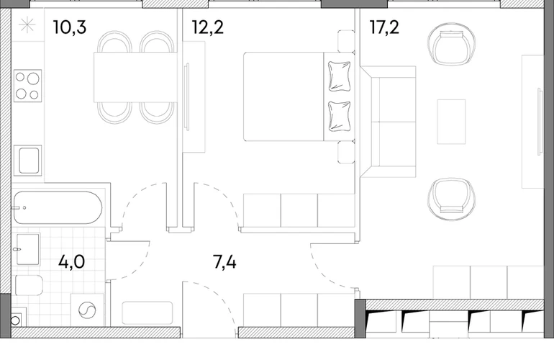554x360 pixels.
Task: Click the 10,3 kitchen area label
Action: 69,27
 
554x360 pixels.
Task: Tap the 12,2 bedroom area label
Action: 208,27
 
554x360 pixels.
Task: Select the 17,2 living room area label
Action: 384,27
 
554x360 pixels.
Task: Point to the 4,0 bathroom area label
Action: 71,262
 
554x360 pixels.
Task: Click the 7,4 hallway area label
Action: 224,262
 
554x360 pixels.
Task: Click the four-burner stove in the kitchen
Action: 27,86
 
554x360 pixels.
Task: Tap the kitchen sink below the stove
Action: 27,161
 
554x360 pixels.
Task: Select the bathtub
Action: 58,207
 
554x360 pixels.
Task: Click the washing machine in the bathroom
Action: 87,310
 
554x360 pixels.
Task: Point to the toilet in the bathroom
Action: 29,285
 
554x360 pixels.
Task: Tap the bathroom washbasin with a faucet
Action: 27,249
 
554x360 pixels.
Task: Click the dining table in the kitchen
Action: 135,77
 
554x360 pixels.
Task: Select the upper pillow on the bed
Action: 339,76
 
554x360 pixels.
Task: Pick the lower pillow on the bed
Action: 339,117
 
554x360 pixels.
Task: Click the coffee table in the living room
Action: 451,122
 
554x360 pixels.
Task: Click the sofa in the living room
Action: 388,121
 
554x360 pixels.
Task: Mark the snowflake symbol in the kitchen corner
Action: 27,25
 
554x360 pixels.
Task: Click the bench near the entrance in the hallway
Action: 147,313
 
